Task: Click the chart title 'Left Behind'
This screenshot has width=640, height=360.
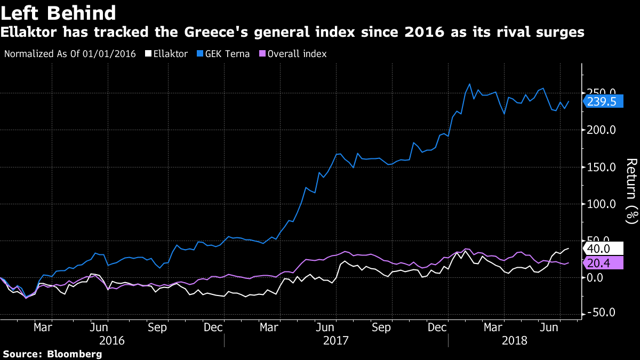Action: [x=58, y=13]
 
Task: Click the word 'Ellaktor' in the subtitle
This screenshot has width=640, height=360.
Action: [x=29, y=32]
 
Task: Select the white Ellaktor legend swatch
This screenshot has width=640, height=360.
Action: [x=148, y=54]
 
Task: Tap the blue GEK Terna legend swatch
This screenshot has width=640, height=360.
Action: [x=200, y=54]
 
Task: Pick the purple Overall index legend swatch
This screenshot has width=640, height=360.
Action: [x=262, y=54]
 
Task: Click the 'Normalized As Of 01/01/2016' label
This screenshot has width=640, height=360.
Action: [x=70, y=54]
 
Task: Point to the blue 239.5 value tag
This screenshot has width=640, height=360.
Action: [x=603, y=101]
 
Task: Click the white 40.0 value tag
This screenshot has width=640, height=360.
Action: [x=603, y=249]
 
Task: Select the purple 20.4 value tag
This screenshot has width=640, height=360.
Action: [x=603, y=263]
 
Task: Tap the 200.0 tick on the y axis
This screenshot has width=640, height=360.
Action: [x=601, y=130]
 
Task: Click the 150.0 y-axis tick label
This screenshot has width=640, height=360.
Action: [x=601, y=167]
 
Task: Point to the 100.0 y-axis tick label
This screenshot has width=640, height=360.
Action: [x=601, y=204]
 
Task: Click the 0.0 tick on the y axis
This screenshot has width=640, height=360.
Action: [x=595, y=278]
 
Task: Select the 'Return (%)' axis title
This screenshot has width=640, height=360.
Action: [x=631, y=191]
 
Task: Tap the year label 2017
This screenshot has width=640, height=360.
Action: [x=335, y=341]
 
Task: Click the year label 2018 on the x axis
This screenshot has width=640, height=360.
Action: [x=515, y=341]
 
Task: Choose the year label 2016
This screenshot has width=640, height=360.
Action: [x=111, y=341]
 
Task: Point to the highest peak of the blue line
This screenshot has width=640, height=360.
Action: [x=470, y=84]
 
